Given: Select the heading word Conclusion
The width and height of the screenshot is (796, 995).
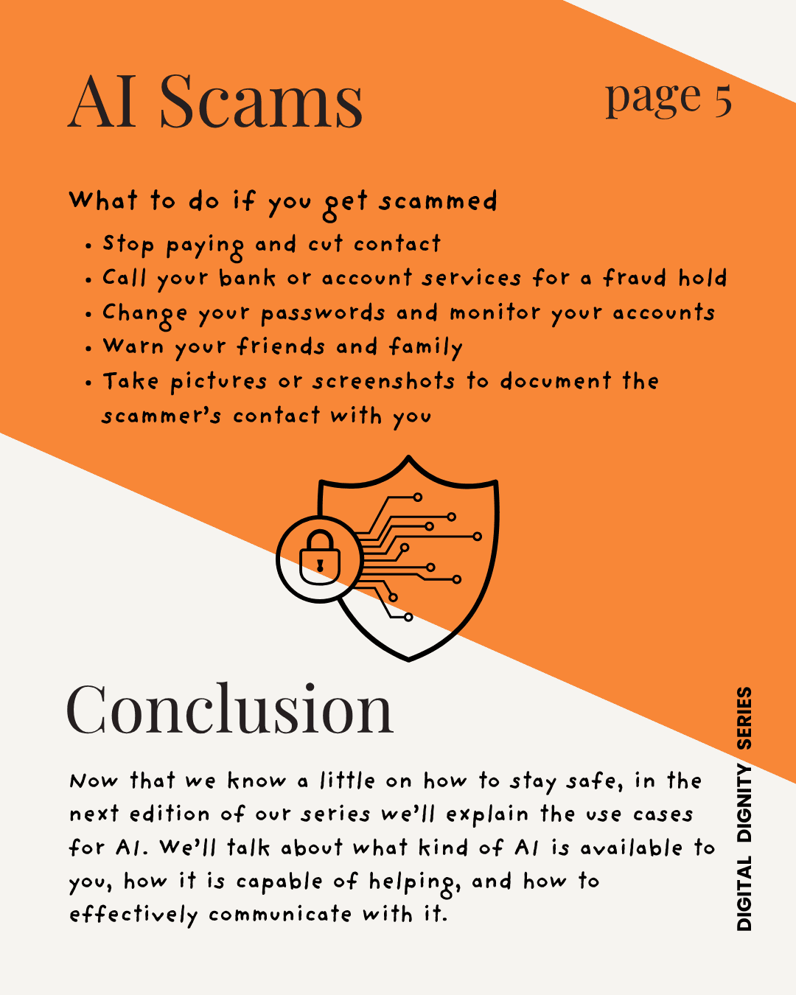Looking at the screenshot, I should tap(230, 709).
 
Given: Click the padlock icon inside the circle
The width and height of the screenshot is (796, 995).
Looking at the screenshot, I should tap(319, 558).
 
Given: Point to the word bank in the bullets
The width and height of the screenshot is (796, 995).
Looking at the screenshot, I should tap(247, 279).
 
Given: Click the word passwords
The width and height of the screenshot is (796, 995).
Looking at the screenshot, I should tap(323, 313).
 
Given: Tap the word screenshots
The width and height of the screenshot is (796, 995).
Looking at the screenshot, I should tap(383, 381).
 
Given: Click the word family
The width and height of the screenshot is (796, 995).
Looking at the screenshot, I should tap(426, 347).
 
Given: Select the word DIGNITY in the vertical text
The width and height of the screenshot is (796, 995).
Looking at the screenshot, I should tap(744, 804).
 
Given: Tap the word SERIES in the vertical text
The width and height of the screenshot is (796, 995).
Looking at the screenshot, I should tap(744, 718).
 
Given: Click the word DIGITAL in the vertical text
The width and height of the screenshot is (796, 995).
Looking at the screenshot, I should tap(744, 893).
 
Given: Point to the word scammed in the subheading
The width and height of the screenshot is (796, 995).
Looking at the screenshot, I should tap(439, 201).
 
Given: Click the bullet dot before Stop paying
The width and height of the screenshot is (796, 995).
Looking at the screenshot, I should tap(88, 246).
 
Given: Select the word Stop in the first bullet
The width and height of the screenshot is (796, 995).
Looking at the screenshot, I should tap(128, 244).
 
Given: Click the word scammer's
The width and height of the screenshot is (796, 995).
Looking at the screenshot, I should tap(161, 416).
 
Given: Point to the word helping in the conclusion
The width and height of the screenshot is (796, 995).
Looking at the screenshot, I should tap(413, 882).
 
